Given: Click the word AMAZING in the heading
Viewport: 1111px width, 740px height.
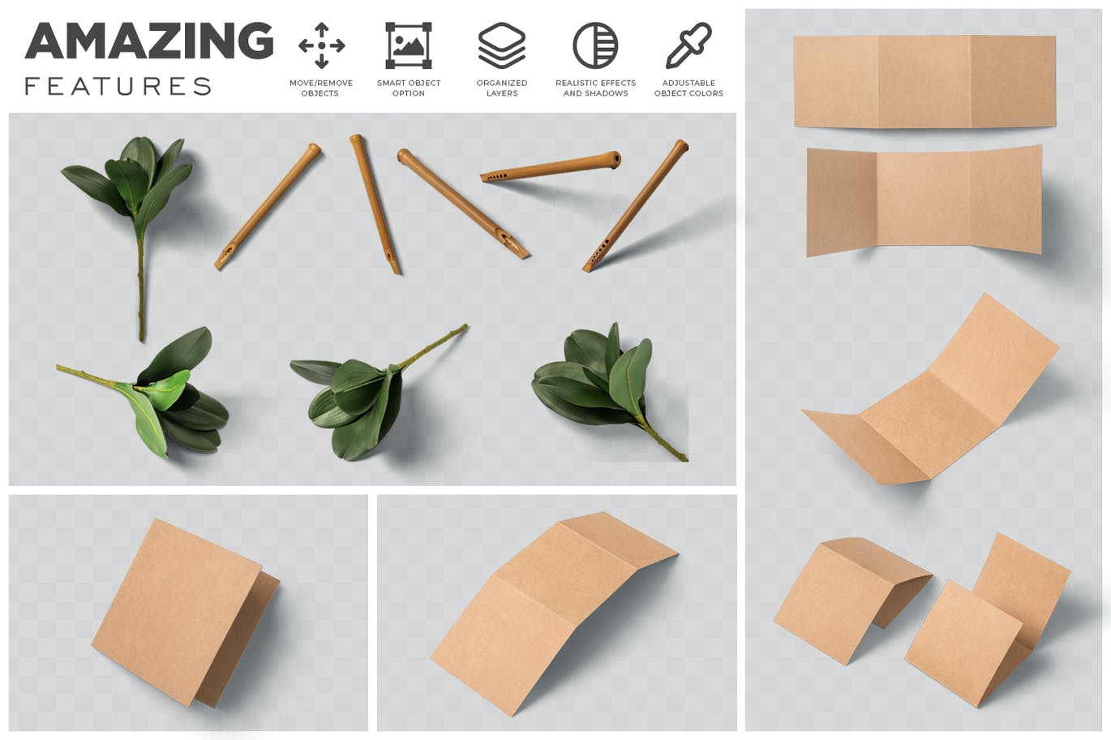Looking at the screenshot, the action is pos(149,41).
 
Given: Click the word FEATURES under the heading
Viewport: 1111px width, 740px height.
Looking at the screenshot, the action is pos(118,86).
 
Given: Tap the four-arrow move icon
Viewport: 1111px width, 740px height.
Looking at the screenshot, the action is pos(321,45).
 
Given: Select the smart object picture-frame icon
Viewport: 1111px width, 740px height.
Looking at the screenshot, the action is pos(408,45).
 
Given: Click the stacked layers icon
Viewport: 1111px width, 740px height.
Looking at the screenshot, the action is pos(501,45).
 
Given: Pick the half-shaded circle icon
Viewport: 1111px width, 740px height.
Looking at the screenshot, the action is pos(595,45).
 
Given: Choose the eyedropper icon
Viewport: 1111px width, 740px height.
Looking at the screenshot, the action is pos(688,45).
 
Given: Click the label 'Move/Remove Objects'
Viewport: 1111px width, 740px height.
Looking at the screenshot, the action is pos(321,88).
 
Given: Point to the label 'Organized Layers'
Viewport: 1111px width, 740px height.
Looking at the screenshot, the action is pos(501,88).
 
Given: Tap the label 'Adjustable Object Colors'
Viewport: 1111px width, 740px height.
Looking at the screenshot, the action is pos(688,88).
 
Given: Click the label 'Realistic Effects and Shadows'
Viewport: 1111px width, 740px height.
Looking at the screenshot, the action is pos(595,88).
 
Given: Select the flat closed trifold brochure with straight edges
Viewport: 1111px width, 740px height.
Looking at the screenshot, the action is pos(924,81).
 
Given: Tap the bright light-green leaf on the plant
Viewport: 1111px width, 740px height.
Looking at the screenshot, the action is pos(164,389).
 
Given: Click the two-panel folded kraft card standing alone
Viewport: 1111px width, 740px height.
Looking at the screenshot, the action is pos(186,613).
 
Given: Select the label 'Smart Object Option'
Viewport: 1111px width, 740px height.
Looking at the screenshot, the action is pos(408,88).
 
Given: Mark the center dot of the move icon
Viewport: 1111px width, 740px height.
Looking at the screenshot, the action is pos(321,45).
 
